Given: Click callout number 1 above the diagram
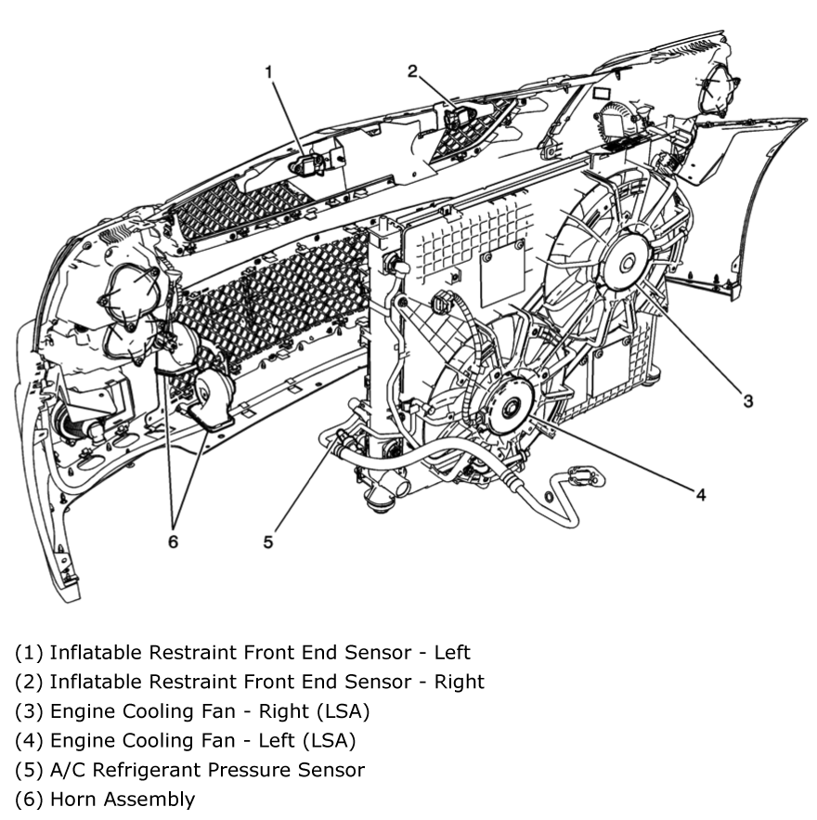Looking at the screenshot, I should (270, 72).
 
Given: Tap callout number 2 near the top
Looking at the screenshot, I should (412, 71).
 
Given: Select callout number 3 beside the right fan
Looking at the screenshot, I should (747, 400).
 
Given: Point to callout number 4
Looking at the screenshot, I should (700, 494).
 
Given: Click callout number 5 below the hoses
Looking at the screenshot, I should (268, 541).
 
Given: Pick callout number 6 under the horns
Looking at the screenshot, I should (173, 541).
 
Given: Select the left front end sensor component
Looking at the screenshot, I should (307, 164).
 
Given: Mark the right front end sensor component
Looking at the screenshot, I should (458, 118).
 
